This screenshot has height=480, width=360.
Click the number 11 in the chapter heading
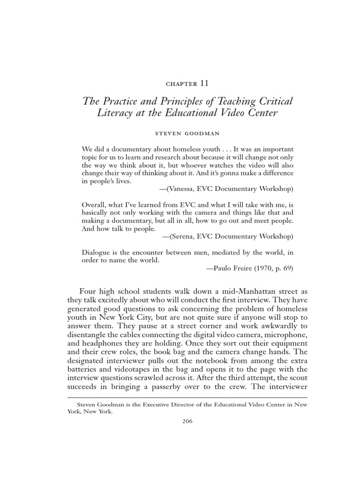204,83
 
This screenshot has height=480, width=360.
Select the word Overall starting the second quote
94,205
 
